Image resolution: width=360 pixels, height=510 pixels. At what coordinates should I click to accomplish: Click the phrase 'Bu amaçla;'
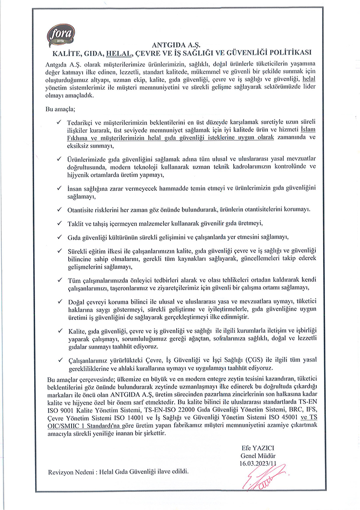61,109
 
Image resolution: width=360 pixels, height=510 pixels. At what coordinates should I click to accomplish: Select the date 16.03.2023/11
256,462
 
